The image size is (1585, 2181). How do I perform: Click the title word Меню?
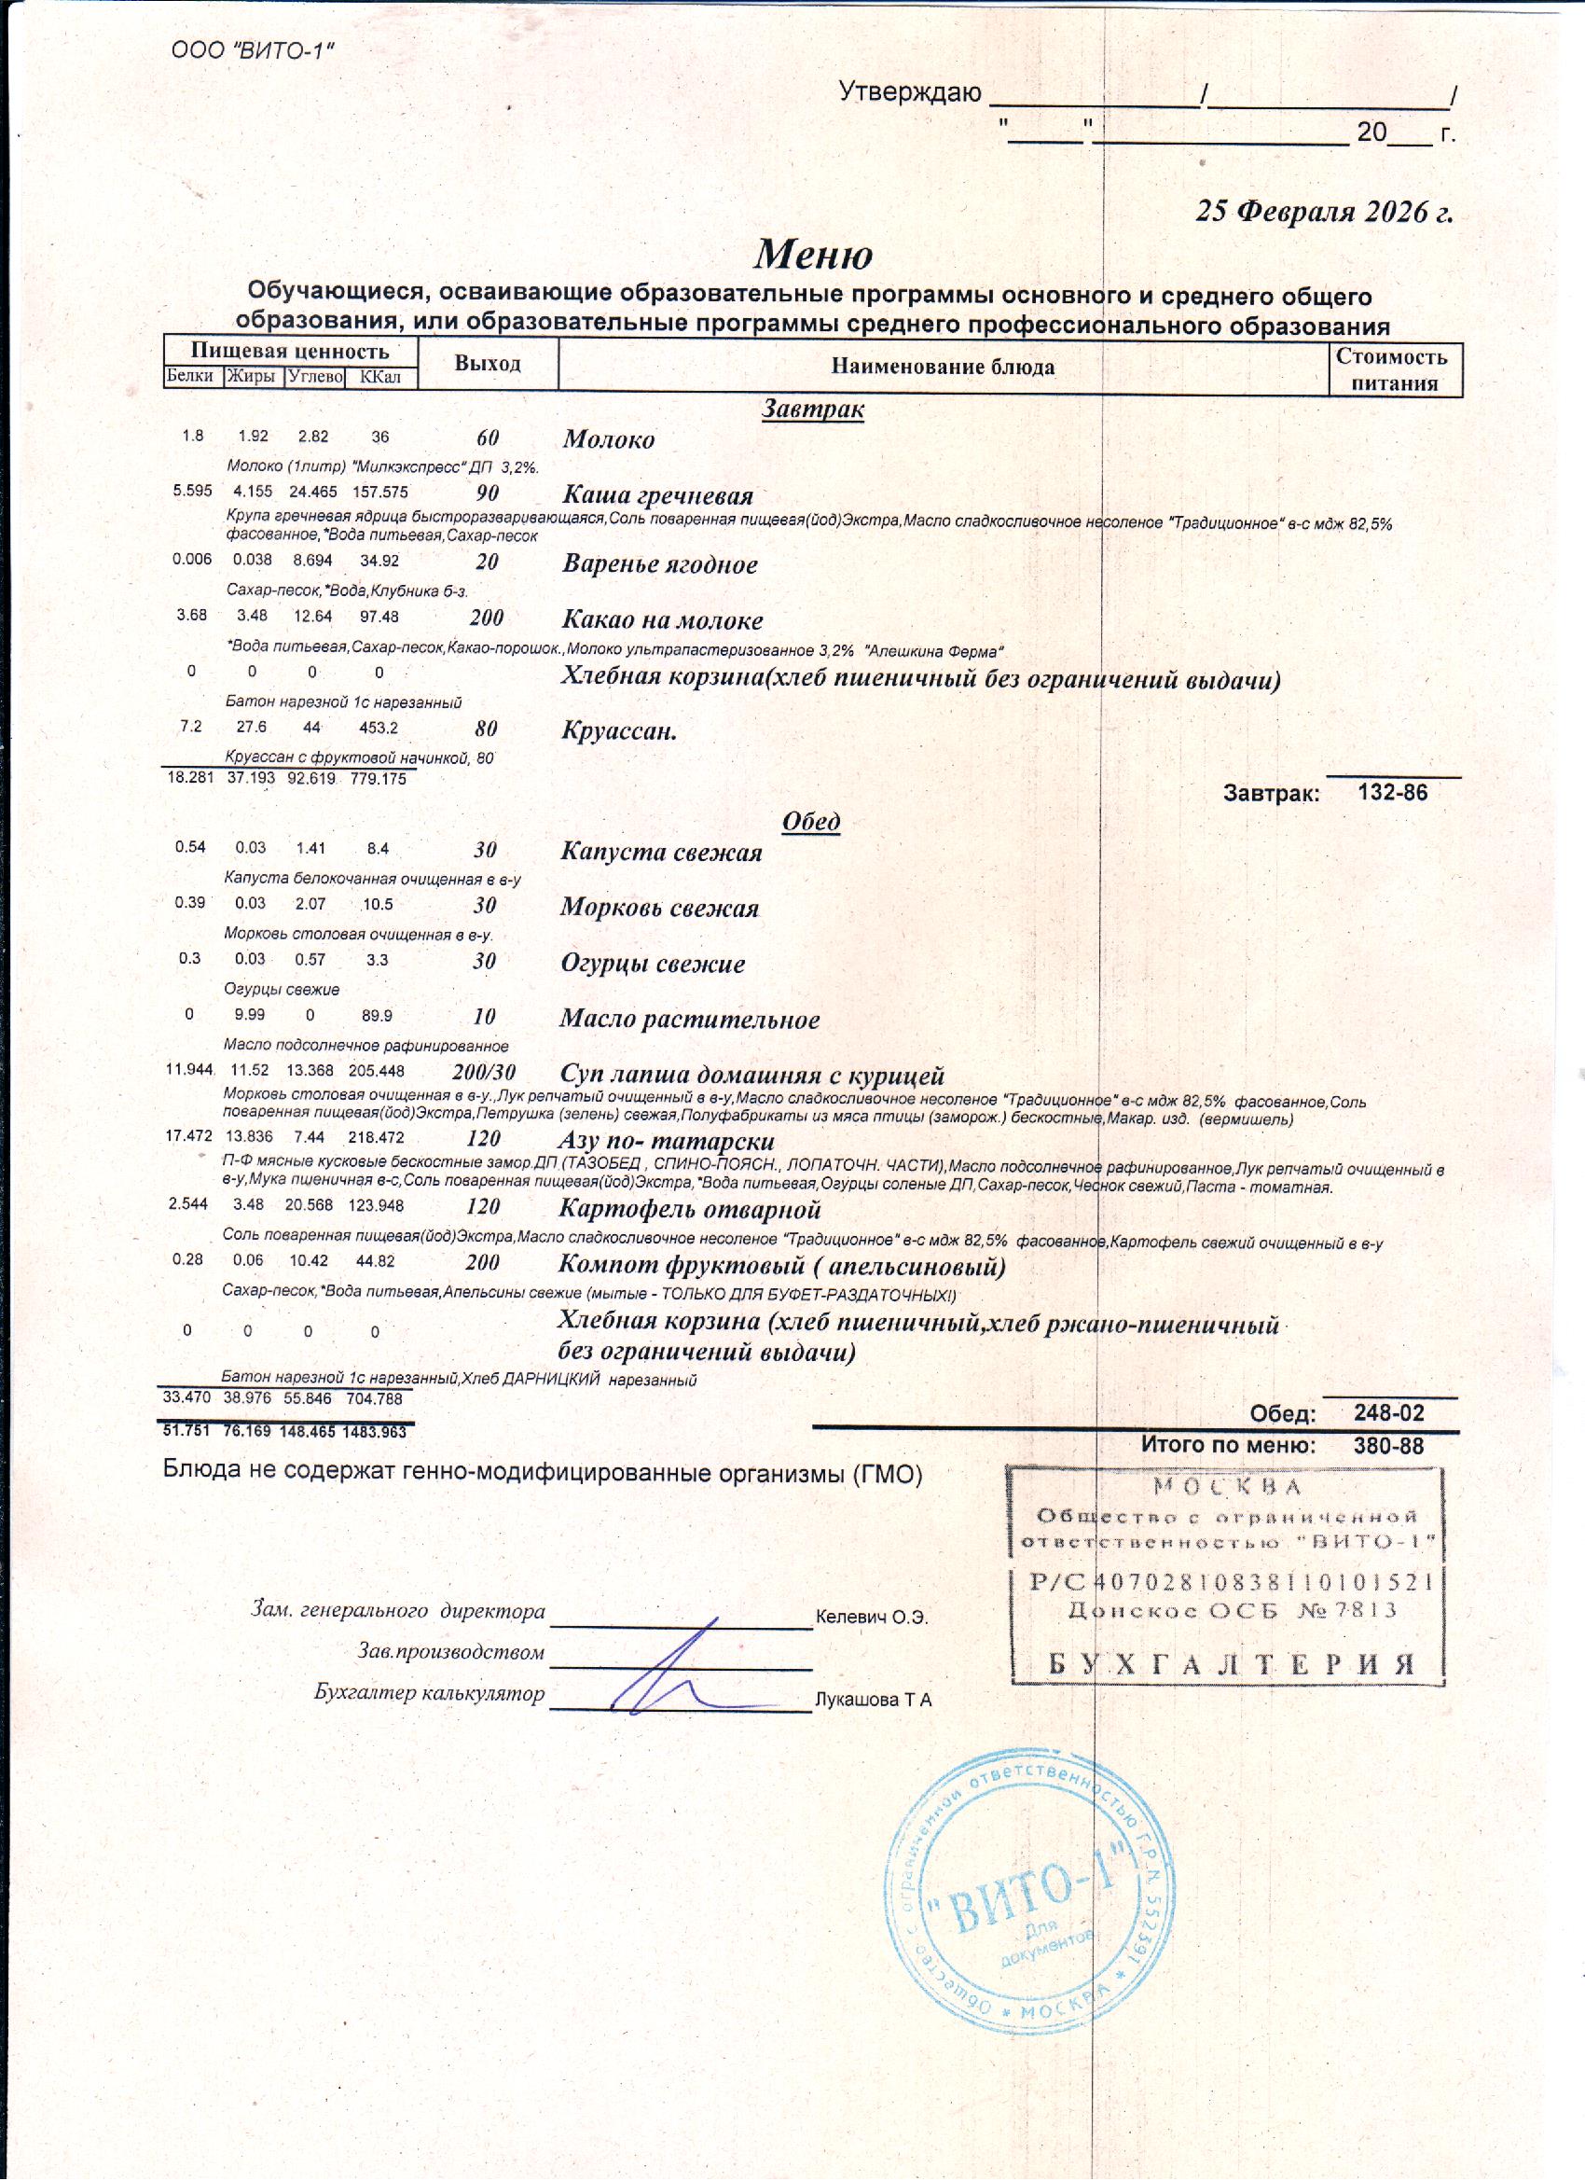812,254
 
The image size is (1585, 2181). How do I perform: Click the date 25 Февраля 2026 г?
1324,212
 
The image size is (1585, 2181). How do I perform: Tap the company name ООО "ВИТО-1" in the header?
253,50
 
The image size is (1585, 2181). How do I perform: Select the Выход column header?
488,364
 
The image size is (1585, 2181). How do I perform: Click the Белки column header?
190,376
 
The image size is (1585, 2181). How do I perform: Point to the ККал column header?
379,377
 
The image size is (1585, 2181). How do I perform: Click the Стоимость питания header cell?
1394,369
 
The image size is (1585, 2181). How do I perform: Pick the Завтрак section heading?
812,409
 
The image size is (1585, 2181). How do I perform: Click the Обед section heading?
811,821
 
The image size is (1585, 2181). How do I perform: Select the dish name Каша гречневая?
657,496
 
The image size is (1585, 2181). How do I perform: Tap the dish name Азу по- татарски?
666,1142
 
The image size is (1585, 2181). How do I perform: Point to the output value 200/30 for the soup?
484,1072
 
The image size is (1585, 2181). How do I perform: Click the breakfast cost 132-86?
1393,793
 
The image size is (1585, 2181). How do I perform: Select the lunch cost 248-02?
1389,1412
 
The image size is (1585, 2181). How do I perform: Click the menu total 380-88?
1388,1445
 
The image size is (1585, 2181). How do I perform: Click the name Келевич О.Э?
871,1617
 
